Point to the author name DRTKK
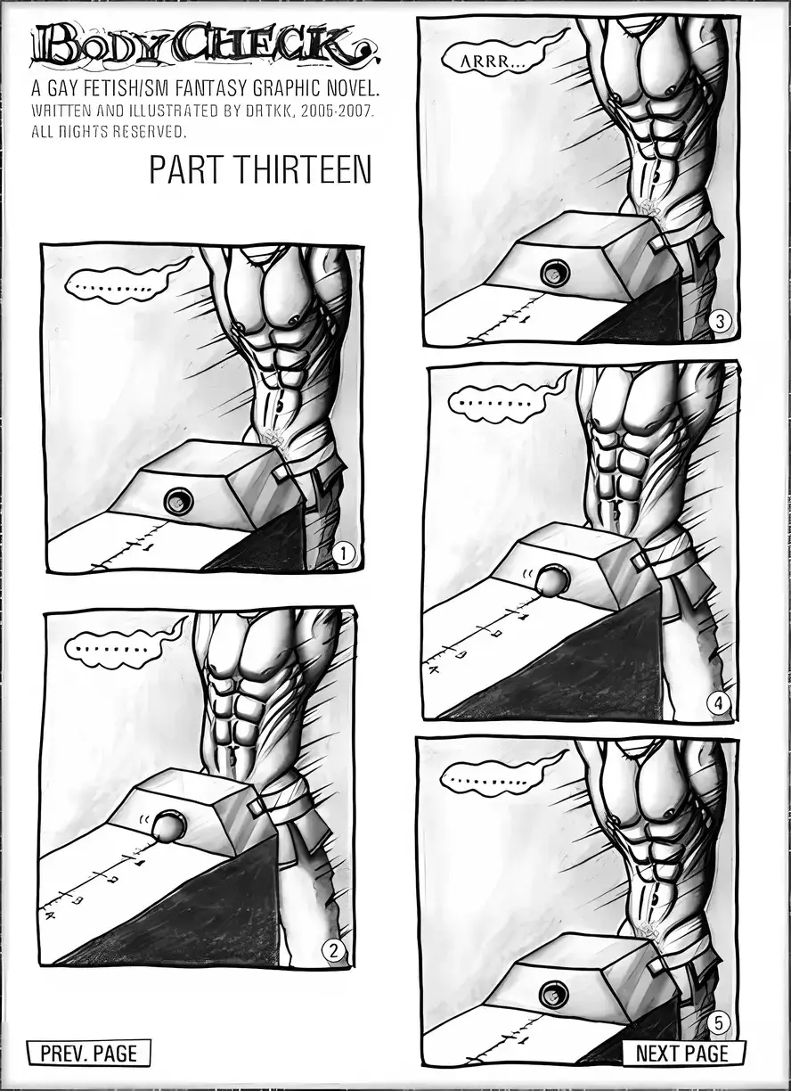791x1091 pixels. coord(268,111)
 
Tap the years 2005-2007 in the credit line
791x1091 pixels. coord(337,111)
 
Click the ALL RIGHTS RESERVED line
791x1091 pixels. coord(109,132)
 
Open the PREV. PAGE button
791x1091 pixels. coord(88,1052)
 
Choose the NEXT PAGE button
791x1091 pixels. coord(683,1052)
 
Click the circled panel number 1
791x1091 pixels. coord(344,554)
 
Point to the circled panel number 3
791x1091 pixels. coord(721,322)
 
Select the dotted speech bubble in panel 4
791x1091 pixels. coord(495,402)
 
